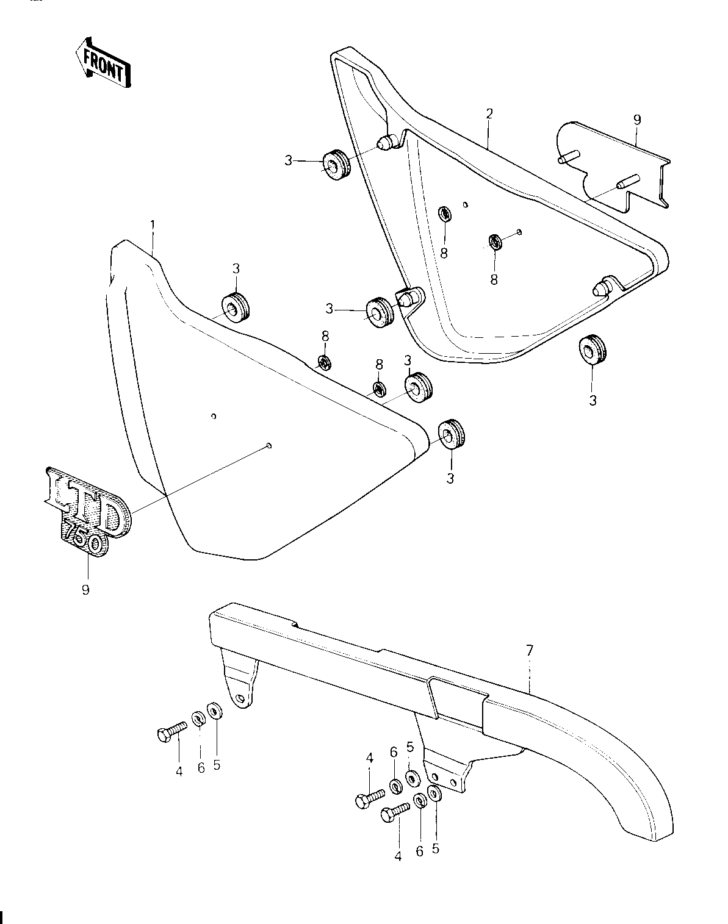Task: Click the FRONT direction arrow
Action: (103, 63)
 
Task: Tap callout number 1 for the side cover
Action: (153, 225)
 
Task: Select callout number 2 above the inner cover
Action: (489, 114)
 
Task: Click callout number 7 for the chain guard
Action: (530, 651)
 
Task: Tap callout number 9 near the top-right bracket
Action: (637, 120)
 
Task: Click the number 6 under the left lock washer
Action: (201, 768)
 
